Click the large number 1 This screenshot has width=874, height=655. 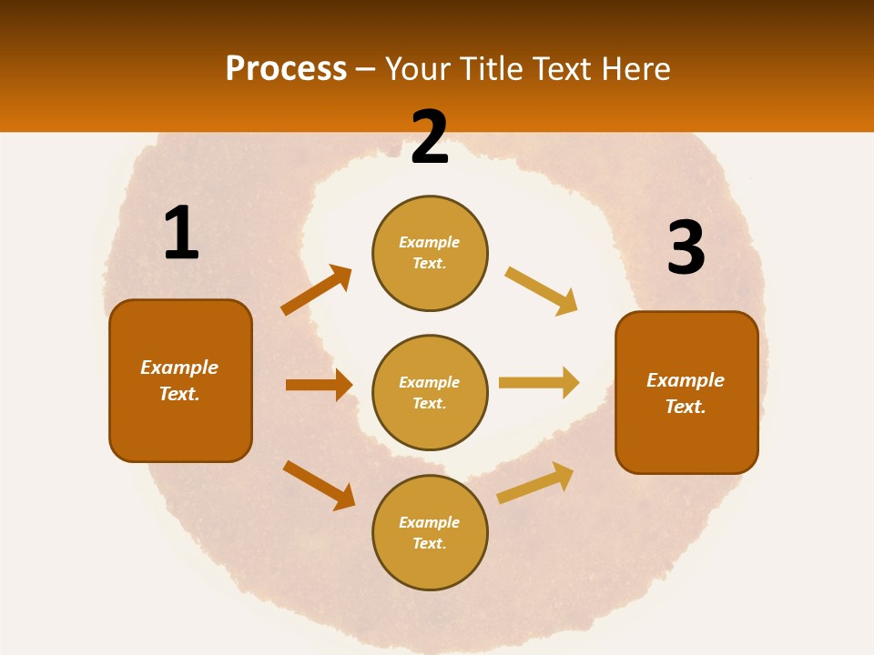pyautogui.click(x=181, y=234)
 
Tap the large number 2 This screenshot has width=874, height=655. pyautogui.click(x=430, y=137)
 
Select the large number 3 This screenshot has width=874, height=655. pyautogui.click(x=686, y=247)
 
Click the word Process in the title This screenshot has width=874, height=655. pyautogui.click(x=286, y=68)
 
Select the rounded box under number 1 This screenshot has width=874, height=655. pyautogui.click(x=180, y=380)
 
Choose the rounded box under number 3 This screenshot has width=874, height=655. pyautogui.click(x=686, y=392)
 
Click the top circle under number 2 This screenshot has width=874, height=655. pyautogui.click(x=430, y=253)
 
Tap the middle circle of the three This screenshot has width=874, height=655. pyautogui.click(x=430, y=392)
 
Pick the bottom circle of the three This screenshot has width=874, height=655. pyautogui.click(x=430, y=532)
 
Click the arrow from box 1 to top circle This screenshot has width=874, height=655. pyautogui.click(x=316, y=290)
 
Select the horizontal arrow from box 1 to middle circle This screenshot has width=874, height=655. pyautogui.click(x=319, y=385)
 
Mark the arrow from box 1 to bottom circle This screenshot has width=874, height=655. pyautogui.click(x=319, y=485)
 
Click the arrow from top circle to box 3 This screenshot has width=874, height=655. pyautogui.click(x=541, y=291)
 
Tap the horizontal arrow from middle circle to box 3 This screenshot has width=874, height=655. pyautogui.click(x=538, y=382)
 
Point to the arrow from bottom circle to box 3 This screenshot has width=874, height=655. pyautogui.click(x=535, y=482)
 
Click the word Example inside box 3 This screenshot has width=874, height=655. pyautogui.click(x=686, y=380)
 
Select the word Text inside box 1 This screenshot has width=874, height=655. pyautogui.click(x=179, y=394)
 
